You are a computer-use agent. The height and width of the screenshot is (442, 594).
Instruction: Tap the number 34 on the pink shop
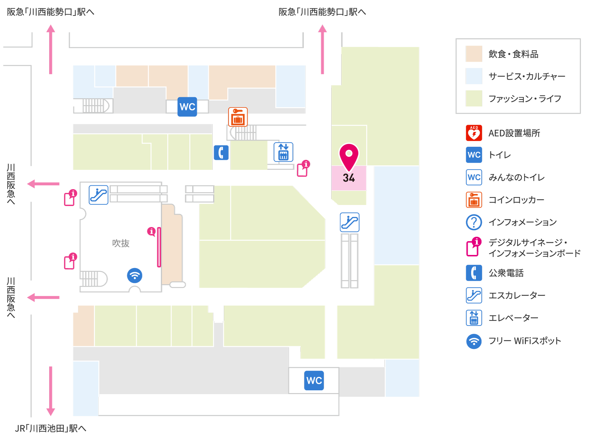point(349,178)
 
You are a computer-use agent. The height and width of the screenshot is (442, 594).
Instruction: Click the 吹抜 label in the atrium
point(121,243)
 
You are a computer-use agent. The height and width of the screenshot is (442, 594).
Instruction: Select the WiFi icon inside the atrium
point(134,276)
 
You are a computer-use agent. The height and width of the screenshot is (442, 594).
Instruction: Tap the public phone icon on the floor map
point(221,153)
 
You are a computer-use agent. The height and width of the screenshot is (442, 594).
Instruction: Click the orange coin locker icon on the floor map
point(238,117)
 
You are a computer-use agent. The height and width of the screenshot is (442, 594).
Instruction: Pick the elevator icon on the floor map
point(283,152)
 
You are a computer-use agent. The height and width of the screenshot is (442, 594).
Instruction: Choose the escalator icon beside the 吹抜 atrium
point(99,195)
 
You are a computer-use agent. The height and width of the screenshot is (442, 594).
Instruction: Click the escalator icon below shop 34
point(350,222)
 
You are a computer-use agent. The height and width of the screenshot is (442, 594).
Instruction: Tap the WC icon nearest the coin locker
point(187,107)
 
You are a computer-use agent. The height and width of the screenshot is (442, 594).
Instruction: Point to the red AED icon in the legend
point(474,133)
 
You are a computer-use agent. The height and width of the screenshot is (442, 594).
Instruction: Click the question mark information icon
point(474,222)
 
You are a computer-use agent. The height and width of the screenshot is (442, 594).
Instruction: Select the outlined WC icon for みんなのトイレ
point(474,177)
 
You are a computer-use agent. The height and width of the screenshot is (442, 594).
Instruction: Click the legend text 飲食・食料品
point(514,54)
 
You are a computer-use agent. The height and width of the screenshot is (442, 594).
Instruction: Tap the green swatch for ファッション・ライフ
point(474,99)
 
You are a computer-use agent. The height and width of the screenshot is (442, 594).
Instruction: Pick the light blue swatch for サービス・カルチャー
point(474,76)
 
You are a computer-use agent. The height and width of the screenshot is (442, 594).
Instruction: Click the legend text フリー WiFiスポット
point(525,341)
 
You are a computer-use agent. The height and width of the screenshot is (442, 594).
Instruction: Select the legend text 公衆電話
point(506,273)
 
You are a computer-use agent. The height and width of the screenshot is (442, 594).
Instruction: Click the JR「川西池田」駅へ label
point(51,429)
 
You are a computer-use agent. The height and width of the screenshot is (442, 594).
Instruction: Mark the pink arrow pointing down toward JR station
point(51,391)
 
